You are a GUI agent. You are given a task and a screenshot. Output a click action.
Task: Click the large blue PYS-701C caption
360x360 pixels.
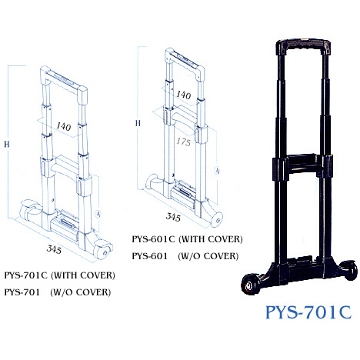[x=308, y=312]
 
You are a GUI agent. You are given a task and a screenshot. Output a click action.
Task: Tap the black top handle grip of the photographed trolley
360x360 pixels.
[x=303, y=47]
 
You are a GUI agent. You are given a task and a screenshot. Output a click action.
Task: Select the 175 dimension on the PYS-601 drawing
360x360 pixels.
[x=184, y=142]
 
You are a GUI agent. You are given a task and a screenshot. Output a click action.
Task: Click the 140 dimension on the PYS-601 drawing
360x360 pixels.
[x=184, y=95]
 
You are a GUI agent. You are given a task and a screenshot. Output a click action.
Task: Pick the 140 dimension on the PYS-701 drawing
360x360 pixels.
[x=64, y=126]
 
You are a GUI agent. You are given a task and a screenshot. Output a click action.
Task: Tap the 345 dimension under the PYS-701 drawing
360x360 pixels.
[x=54, y=249]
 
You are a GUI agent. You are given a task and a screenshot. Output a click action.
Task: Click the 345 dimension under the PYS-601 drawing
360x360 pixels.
[x=173, y=217]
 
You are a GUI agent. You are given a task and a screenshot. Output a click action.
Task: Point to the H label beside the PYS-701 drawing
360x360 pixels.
[x=7, y=144]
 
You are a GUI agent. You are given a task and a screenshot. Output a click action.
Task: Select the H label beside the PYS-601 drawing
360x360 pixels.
[x=138, y=123]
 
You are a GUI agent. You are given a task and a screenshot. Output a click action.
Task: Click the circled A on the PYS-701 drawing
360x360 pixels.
[x=98, y=214]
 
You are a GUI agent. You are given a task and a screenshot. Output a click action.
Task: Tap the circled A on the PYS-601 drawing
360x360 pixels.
[x=217, y=171]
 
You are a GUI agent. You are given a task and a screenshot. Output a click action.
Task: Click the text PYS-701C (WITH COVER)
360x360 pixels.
[x=59, y=275]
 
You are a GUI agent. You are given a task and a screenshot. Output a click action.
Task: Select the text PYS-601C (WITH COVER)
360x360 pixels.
[x=187, y=239]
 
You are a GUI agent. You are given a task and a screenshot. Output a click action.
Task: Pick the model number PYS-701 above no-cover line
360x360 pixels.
[x=22, y=292]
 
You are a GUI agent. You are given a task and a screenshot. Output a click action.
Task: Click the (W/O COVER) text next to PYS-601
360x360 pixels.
[x=208, y=256]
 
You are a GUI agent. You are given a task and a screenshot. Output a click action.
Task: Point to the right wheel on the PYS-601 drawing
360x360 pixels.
[x=216, y=219]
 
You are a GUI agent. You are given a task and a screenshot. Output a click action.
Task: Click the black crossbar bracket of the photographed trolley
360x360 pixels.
[x=302, y=164]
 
